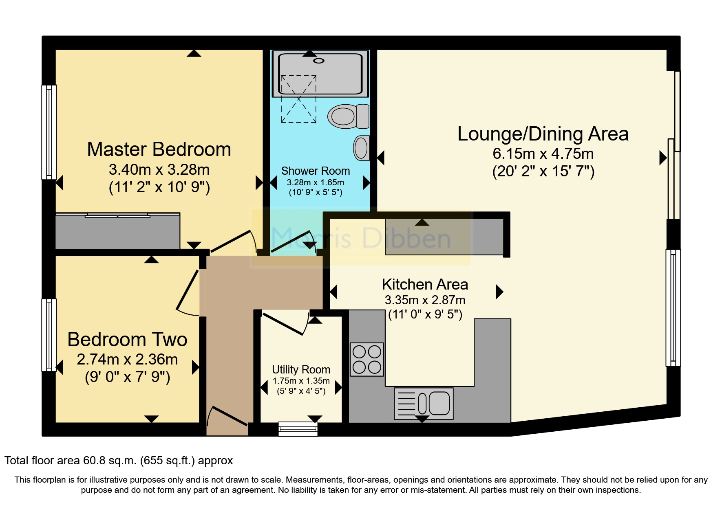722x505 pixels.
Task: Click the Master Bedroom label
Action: (x=159, y=149)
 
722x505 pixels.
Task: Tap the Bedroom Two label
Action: (x=127, y=339)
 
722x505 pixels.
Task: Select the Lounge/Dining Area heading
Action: (x=543, y=134)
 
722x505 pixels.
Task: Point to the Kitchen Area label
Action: (x=425, y=284)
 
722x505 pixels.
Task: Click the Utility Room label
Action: (x=301, y=370)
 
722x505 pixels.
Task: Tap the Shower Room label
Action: (x=316, y=171)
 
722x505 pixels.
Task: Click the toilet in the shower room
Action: (x=349, y=116)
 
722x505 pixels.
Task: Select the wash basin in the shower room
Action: (x=362, y=147)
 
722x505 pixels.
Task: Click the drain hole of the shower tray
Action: (x=319, y=61)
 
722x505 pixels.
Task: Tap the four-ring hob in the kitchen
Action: (x=367, y=359)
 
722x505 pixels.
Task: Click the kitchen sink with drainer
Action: (x=424, y=404)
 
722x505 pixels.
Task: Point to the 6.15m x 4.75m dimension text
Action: (x=543, y=154)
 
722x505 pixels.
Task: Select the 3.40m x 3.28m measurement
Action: (x=159, y=169)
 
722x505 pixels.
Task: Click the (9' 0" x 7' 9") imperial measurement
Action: (x=127, y=377)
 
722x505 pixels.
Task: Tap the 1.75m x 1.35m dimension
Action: (x=301, y=381)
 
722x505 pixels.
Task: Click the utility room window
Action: (x=298, y=429)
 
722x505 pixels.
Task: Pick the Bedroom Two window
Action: (x=49, y=335)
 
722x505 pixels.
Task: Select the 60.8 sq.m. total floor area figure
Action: (x=110, y=461)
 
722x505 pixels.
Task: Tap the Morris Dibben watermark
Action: (x=361, y=238)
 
